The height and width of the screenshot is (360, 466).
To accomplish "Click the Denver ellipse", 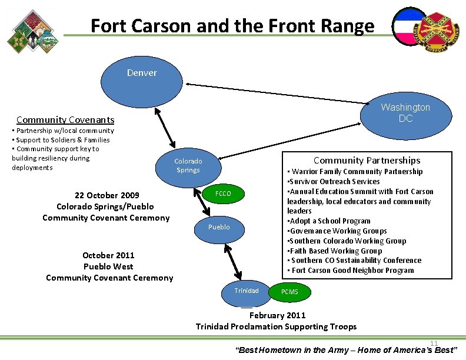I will (x=142, y=73).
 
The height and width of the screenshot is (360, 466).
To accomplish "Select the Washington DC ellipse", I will (x=405, y=112).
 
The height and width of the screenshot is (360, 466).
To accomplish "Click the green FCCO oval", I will (x=222, y=194).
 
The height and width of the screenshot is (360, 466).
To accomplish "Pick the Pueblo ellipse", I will (x=218, y=227).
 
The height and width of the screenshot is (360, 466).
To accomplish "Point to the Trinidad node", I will (x=246, y=291).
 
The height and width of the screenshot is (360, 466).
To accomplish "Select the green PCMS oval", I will (x=289, y=292).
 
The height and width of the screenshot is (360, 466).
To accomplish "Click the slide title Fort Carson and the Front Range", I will (x=232, y=26).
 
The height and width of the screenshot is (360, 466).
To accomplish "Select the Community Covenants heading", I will (x=65, y=119).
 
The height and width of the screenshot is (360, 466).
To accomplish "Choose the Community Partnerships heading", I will (x=367, y=160).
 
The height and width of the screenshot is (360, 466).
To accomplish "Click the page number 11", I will (x=434, y=344).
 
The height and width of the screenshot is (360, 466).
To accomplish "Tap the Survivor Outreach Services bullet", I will (x=335, y=181).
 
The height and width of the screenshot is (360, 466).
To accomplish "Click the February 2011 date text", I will (x=277, y=315).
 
